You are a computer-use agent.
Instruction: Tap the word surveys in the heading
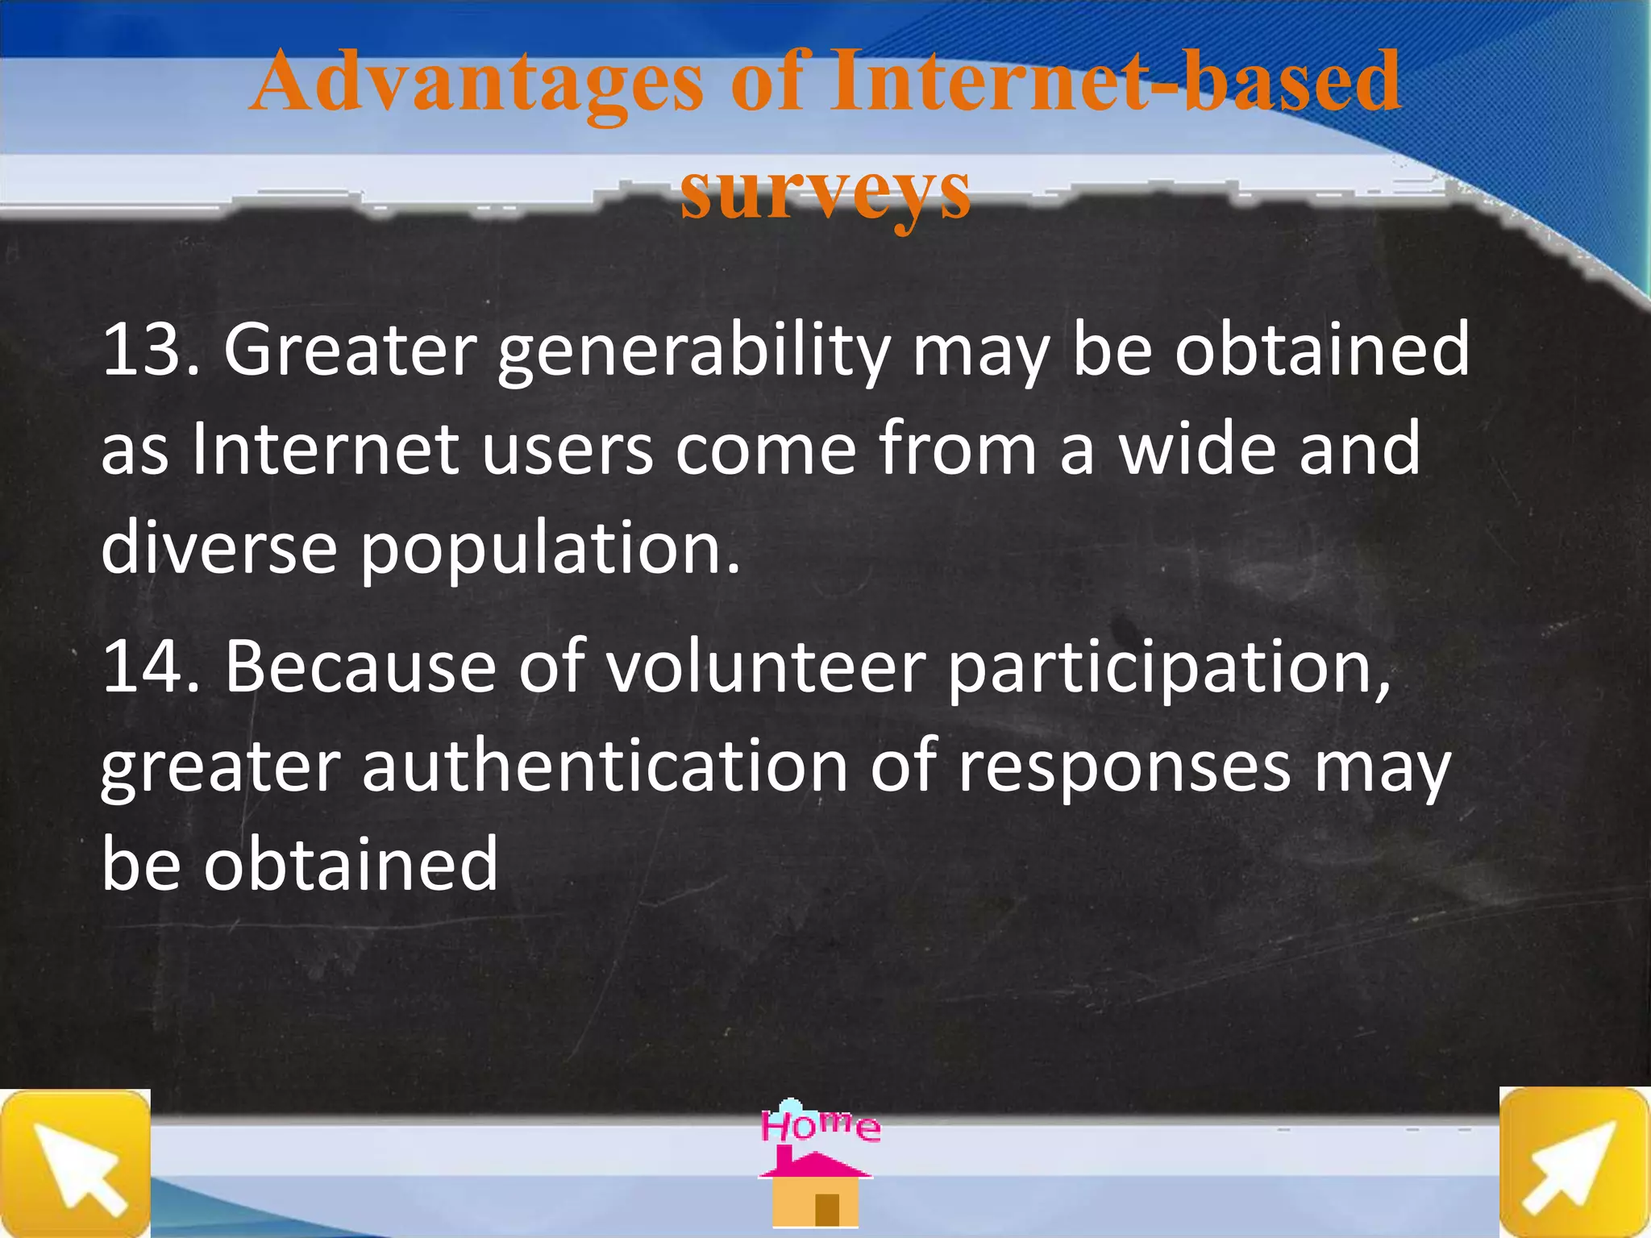825,191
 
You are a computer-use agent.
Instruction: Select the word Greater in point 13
351,350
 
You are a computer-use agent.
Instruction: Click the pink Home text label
821,1125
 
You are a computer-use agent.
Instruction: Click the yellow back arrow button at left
75,1163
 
